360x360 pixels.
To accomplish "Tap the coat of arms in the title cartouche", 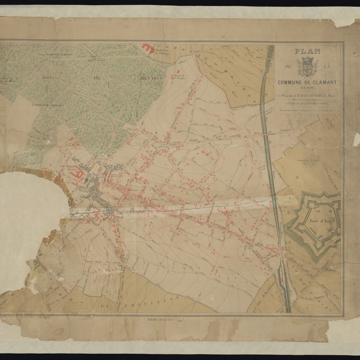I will (307, 67).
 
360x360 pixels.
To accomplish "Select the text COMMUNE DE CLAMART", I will (307, 82).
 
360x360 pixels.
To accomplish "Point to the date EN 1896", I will (307, 88).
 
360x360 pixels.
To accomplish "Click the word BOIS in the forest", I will (48, 77).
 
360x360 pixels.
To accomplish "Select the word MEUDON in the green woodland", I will (151, 78).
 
